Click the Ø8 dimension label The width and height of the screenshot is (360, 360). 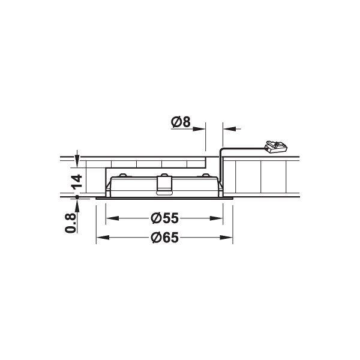(x=181, y=122)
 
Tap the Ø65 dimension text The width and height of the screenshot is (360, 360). (x=163, y=238)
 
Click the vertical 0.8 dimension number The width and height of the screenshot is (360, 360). (x=72, y=221)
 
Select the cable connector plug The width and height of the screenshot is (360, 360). (x=275, y=145)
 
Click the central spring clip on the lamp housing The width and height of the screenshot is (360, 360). (x=163, y=184)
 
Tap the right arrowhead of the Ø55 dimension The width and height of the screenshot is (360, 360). (x=218, y=218)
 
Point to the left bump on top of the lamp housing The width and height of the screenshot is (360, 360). (x=123, y=175)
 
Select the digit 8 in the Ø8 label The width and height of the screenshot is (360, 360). (x=186, y=122)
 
